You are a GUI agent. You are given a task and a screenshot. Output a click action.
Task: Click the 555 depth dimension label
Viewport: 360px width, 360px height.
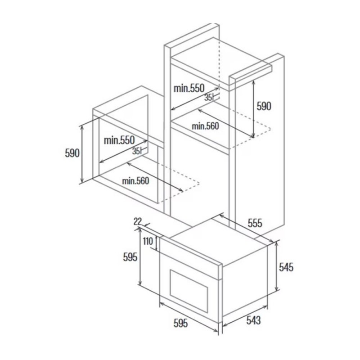[255, 223]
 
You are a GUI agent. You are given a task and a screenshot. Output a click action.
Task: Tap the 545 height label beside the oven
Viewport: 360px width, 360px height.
[286, 267]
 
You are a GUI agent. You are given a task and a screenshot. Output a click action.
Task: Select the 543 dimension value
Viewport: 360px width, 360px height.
[253, 320]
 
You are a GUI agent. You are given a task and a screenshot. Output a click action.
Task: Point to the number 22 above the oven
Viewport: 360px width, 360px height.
[138, 221]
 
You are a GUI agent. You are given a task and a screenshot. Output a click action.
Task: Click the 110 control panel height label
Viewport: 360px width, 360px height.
[148, 241]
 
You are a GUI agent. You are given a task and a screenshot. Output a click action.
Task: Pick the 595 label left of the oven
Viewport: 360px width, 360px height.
[130, 257]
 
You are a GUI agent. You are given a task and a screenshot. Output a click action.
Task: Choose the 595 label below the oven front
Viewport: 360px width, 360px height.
[181, 323]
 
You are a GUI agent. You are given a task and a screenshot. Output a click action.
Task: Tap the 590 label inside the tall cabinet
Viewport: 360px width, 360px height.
[264, 106]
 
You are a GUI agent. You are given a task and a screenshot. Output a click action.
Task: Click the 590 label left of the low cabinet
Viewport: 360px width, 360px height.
[72, 153]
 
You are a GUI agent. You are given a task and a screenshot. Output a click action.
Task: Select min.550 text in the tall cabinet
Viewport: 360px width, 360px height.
[189, 88]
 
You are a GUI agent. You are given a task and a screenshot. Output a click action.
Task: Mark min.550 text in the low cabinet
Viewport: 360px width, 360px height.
[119, 140]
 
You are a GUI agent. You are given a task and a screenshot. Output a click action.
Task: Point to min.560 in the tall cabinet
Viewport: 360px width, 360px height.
[206, 126]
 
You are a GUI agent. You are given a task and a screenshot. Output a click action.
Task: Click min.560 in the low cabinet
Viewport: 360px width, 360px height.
[136, 181]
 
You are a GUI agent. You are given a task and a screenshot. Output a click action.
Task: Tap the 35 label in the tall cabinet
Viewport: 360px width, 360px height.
[208, 98]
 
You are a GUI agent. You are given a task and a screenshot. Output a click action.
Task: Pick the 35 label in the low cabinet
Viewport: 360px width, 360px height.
[136, 151]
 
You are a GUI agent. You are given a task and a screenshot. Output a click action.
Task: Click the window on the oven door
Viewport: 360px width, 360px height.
[189, 291]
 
